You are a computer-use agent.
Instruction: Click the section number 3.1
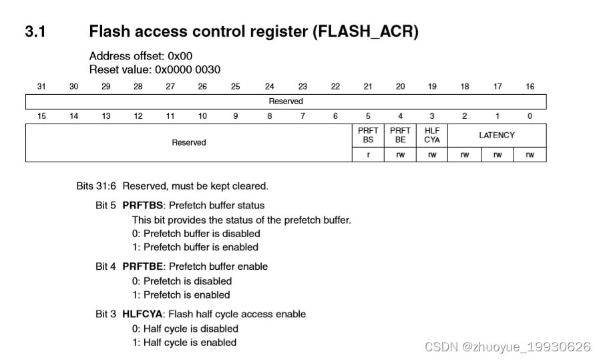tap(35, 31)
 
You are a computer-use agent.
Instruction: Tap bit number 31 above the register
tap(41, 86)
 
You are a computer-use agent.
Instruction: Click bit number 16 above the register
tap(530, 86)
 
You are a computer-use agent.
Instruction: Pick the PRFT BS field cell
tap(368, 136)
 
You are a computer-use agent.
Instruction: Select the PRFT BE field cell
tap(400, 136)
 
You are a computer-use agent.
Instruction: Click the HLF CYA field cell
tap(432, 136)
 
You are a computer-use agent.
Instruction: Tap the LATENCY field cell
tap(497, 135)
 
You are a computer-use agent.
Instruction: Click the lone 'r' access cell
tap(368, 155)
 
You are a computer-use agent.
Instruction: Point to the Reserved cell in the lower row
tap(189, 142)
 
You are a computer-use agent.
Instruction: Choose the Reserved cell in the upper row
tap(286, 102)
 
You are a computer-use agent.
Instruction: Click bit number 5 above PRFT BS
tap(368, 116)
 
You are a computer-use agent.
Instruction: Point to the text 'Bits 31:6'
tap(97, 186)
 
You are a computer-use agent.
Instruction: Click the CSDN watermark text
tap(508, 347)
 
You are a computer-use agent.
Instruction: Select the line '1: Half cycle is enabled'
tap(184, 343)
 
